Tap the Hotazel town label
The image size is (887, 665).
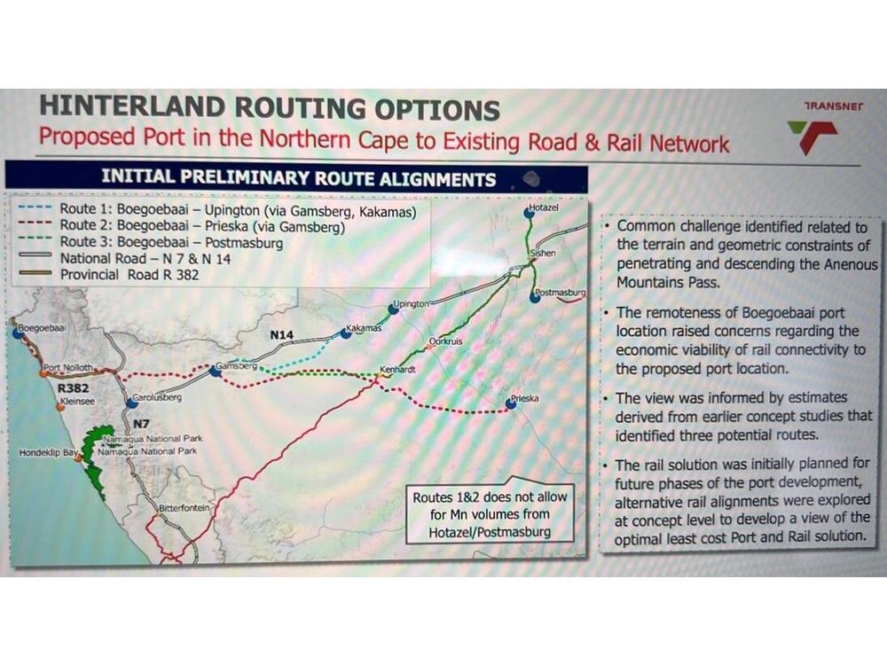(544, 207)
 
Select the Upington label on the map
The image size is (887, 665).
(412, 303)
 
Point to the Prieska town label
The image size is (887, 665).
(525, 398)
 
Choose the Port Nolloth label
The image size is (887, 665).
(68, 368)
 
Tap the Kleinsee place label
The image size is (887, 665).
(77, 402)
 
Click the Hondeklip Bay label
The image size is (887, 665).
(48, 453)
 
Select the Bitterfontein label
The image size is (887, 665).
(184, 508)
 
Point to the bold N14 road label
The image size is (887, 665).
(282, 335)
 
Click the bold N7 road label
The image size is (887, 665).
(141, 424)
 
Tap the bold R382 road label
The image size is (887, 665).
(74, 388)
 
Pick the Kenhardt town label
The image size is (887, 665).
(397, 369)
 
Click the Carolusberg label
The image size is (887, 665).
(157, 397)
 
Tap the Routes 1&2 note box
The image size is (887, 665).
(490, 514)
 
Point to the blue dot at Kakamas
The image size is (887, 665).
(346, 333)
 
